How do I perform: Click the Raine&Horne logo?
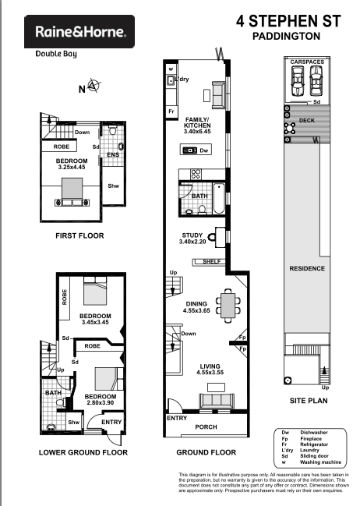click(x=79, y=32)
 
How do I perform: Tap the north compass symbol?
click(x=94, y=86)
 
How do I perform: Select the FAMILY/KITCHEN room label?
click(x=197, y=122)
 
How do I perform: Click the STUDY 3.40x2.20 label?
click(x=192, y=239)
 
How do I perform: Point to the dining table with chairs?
click(x=228, y=306)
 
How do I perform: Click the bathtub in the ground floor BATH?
click(x=219, y=198)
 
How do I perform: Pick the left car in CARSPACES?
click(x=298, y=81)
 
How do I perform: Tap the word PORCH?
click(x=206, y=427)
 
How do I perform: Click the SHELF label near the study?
click(x=212, y=261)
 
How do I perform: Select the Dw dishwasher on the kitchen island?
click(x=196, y=150)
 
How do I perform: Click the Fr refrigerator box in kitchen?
click(x=171, y=111)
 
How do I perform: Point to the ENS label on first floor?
click(x=113, y=155)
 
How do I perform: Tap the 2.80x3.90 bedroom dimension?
click(x=101, y=403)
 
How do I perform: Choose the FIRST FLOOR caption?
click(x=79, y=235)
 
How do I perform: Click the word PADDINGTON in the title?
click(x=287, y=36)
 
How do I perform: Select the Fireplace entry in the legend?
click(x=311, y=438)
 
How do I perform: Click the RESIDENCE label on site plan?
click(x=307, y=268)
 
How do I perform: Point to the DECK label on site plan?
click(x=307, y=120)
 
